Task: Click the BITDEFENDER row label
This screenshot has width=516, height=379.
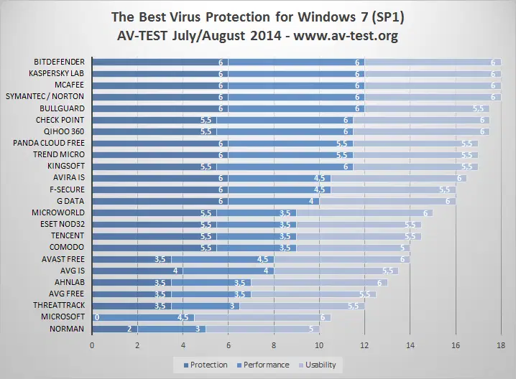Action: pos(59,62)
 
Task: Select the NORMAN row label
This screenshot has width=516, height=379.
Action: pos(68,329)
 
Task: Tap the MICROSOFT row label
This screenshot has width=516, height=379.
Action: pos(63,317)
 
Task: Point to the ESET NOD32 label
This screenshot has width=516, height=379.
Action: pos(60,224)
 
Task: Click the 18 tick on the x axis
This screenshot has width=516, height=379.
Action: pos(501,345)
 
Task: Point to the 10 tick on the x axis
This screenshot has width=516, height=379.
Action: pos(319,345)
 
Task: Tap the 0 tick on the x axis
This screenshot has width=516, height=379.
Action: pos(91,345)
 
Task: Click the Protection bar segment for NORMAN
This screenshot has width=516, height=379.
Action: pos(114,329)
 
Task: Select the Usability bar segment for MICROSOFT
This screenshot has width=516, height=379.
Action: pos(262,317)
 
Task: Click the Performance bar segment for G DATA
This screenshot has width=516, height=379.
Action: pos(273,201)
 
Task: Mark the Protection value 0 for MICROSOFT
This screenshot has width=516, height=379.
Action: pos(96,317)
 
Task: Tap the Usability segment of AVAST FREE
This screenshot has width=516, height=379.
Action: pos(352,259)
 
